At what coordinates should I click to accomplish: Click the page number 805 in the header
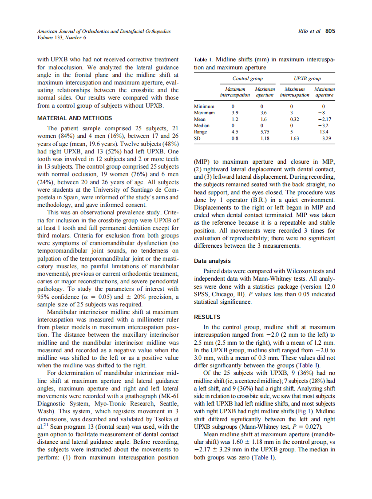click(x=330, y=31)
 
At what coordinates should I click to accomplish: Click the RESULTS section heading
click(x=207, y=317)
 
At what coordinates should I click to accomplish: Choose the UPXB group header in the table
click(x=308, y=79)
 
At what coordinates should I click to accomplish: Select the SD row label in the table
click(x=198, y=138)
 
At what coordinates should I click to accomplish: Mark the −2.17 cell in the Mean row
click(x=325, y=119)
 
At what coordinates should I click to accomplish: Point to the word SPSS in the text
click(x=202, y=294)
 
